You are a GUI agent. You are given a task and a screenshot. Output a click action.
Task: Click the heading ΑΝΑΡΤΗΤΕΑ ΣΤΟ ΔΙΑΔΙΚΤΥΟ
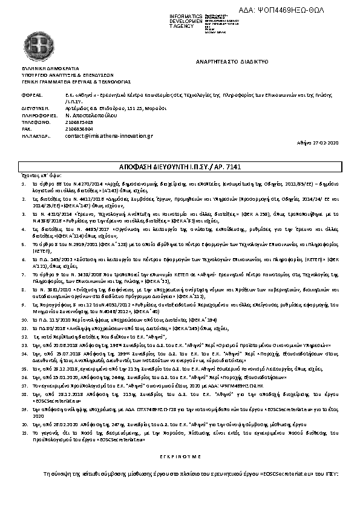click(x=232, y=62)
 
